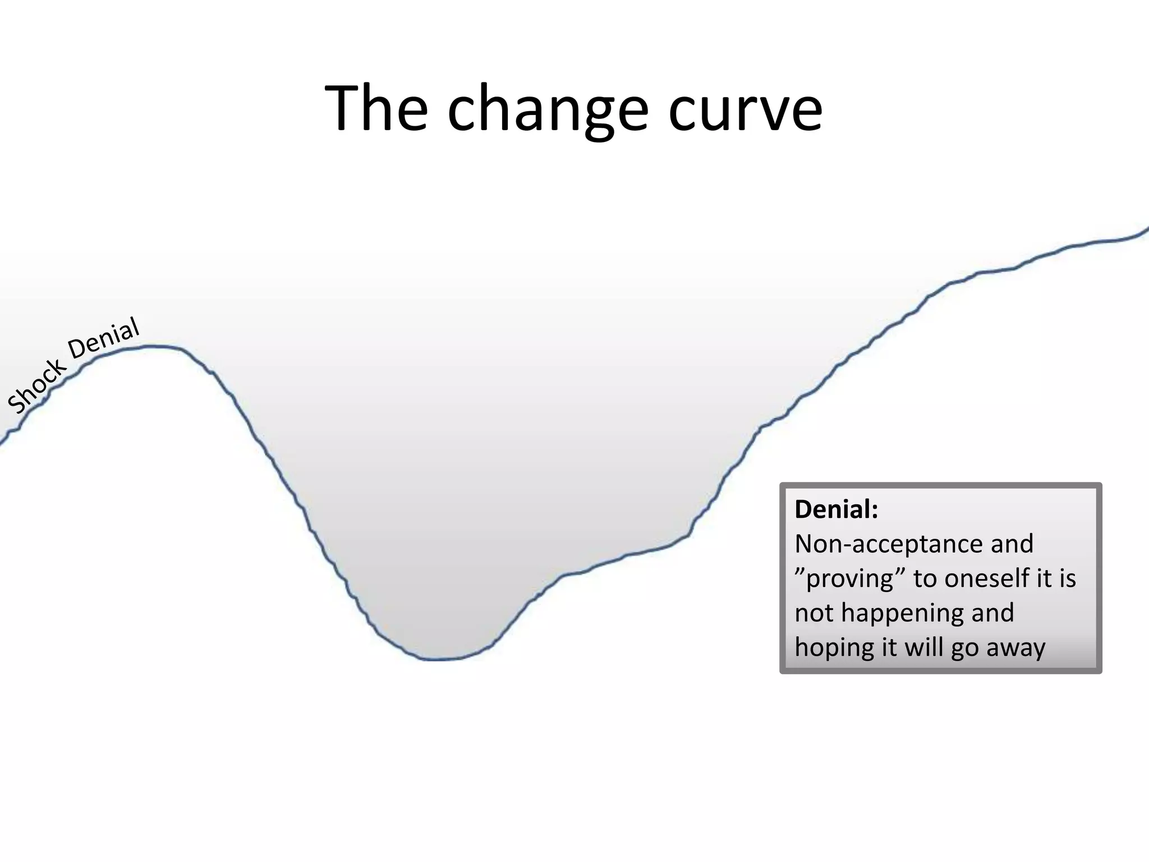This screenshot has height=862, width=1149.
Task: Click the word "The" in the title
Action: point(376,108)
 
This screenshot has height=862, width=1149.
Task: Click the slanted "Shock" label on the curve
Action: point(36,386)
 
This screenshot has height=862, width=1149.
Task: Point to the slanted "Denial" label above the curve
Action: point(104,338)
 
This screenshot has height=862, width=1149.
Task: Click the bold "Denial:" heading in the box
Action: point(836,510)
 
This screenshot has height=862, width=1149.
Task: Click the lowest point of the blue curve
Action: point(438,659)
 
